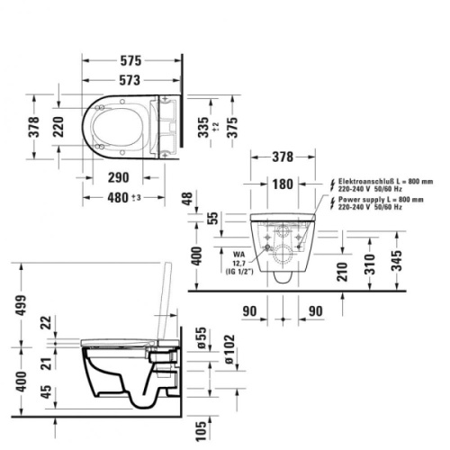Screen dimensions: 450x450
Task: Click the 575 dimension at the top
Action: coord(131,61)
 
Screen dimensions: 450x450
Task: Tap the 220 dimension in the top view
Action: coord(58,129)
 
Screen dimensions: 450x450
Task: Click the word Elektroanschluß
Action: coord(365,181)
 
